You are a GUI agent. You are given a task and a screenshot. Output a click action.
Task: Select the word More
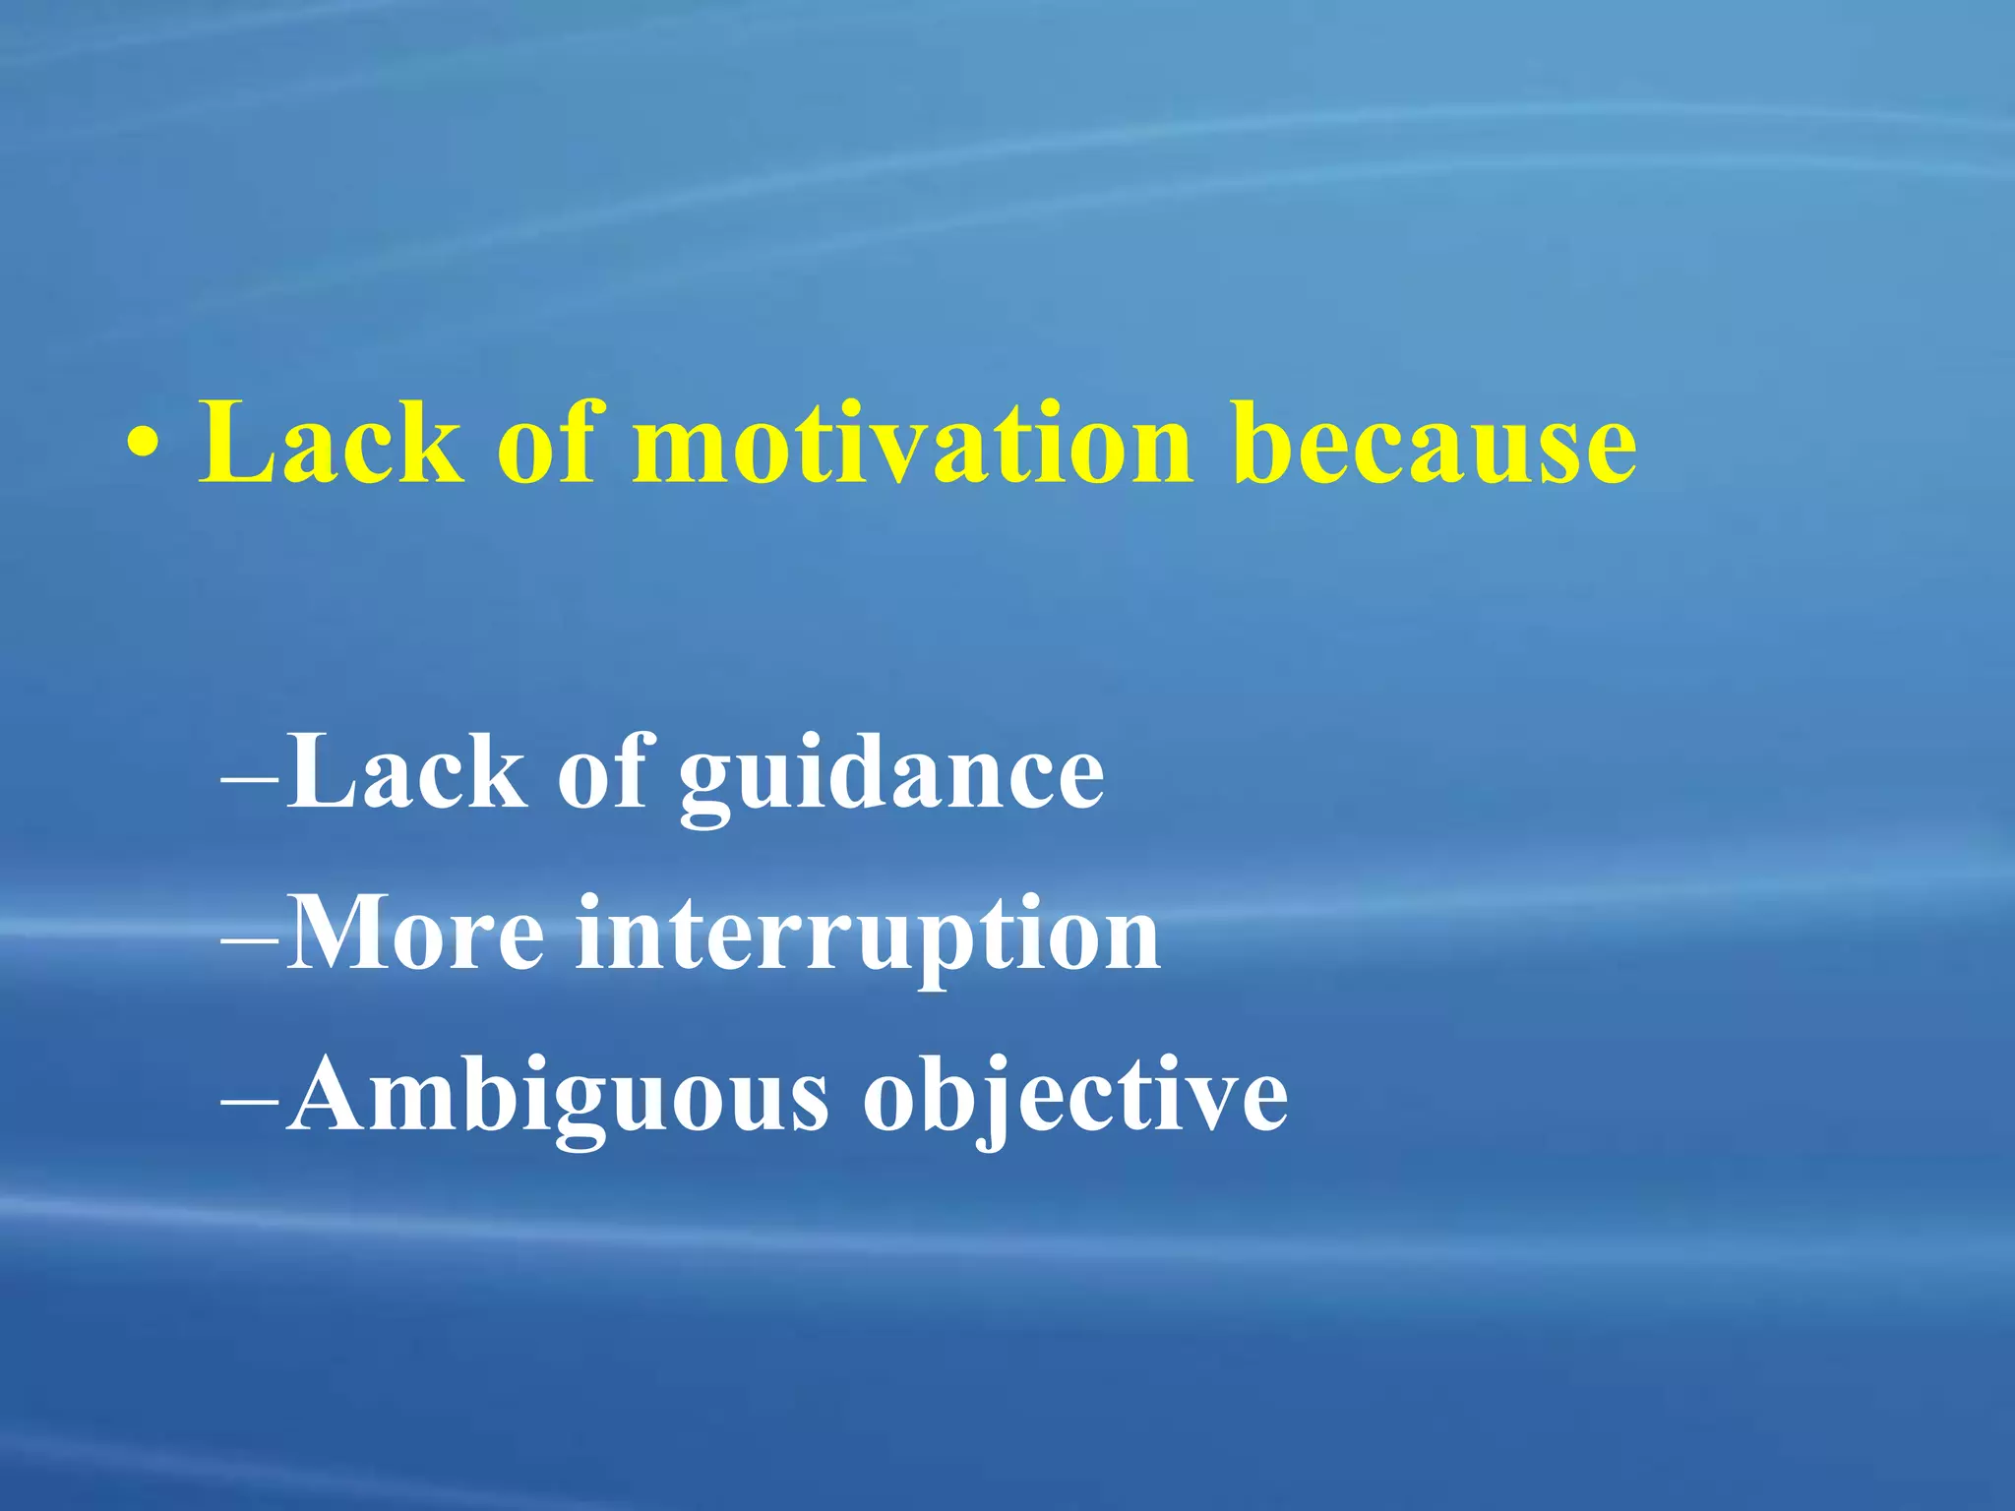[415, 935]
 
